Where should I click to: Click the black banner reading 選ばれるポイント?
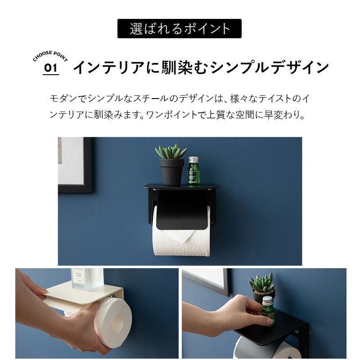pyautogui.click(x=179, y=28)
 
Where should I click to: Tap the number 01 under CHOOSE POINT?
pyautogui.click(x=51, y=68)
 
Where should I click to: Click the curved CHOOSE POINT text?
pyautogui.click(x=50, y=56)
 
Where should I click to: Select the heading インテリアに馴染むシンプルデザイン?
pyautogui.click(x=201, y=67)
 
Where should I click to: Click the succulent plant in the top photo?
pyautogui.click(x=171, y=152)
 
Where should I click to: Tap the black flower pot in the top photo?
pyautogui.click(x=172, y=172)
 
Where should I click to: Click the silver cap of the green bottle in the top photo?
pyautogui.click(x=193, y=160)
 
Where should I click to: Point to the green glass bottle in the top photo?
pyautogui.click(x=193, y=171)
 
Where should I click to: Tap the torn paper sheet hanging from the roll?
pyautogui.click(x=181, y=235)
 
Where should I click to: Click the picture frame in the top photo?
pyautogui.click(x=75, y=165)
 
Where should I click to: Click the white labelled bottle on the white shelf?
pyautogui.click(x=87, y=279)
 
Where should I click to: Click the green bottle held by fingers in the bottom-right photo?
pyautogui.click(x=268, y=311)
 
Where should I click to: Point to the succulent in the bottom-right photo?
pyautogui.click(x=262, y=282)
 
